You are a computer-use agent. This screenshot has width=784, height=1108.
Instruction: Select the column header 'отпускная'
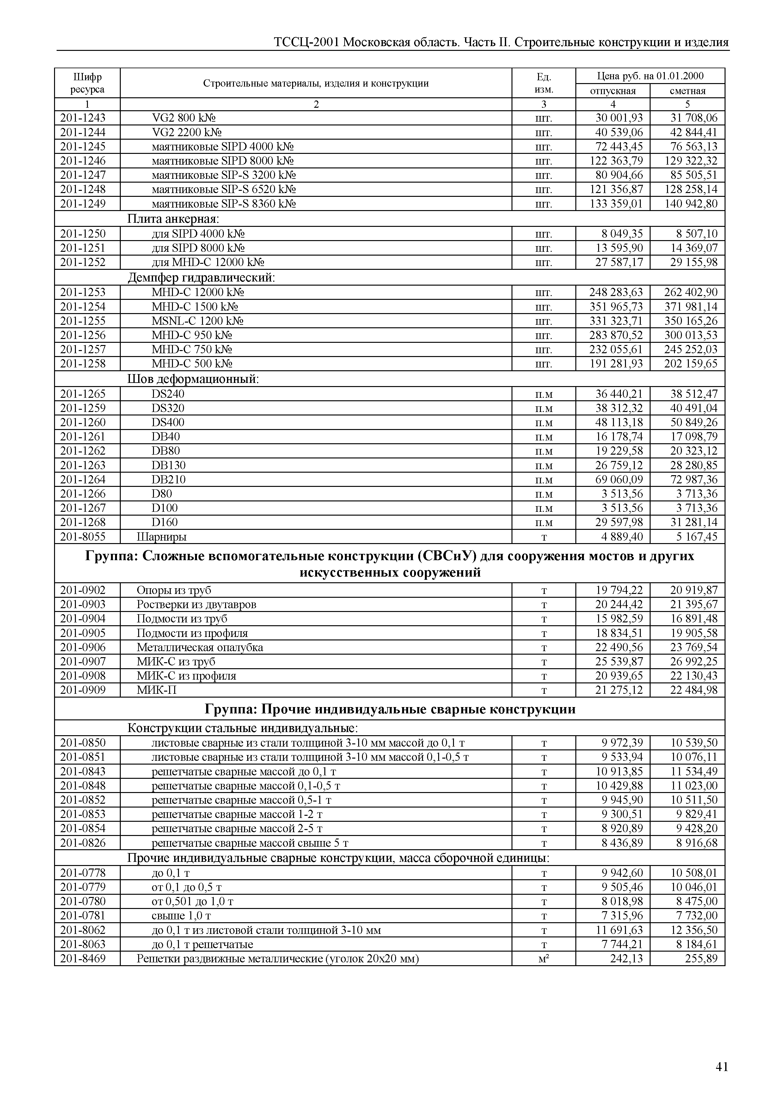click(613, 91)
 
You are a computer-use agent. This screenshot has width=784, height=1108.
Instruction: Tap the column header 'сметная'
click(688, 91)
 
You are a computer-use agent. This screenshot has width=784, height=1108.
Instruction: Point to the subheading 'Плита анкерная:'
click(173, 219)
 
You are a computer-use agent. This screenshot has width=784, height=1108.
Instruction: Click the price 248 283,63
click(616, 292)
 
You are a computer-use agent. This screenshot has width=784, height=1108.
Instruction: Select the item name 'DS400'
click(168, 422)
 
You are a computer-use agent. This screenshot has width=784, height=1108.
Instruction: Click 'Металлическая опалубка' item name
click(200, 647)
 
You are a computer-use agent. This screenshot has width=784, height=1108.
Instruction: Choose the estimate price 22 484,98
click(694, 690)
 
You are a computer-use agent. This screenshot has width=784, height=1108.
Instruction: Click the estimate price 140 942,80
click(691, 204)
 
